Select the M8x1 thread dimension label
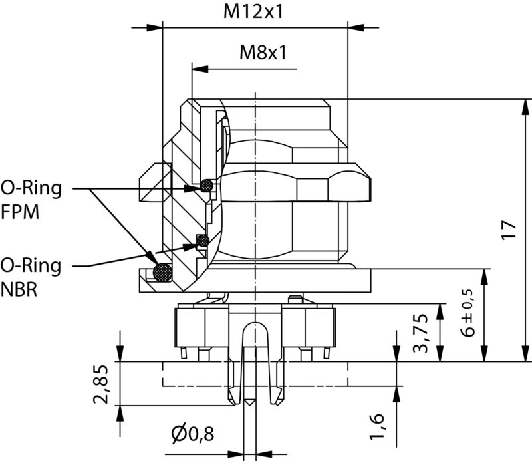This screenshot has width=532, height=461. tap(263, 52)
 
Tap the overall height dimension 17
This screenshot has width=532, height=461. tap(509, 230)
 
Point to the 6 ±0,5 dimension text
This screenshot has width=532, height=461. tap(468, 313)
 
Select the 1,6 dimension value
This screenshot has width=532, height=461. tap(376, 426)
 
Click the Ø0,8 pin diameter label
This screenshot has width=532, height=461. tap(193, 435)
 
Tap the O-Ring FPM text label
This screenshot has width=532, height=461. tap(31, 200)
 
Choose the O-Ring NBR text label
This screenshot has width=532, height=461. tap(31, 279)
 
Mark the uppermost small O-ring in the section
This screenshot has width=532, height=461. tap(207, 185)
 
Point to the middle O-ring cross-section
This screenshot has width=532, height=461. tap(203, 239)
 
